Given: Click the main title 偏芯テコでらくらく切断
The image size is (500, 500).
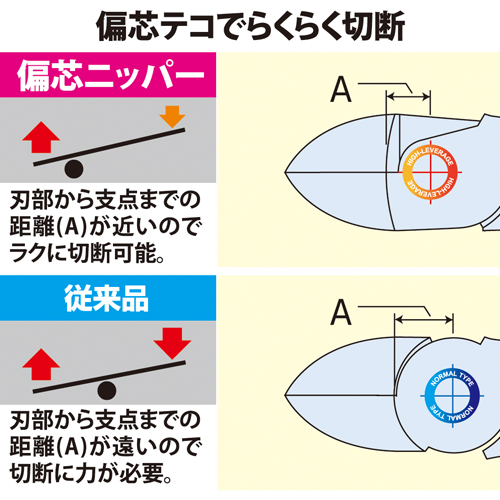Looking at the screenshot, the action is coord(250,26).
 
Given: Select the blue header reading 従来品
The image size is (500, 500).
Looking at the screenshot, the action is coord(108,298).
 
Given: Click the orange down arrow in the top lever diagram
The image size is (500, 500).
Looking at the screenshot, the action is coord(172,117).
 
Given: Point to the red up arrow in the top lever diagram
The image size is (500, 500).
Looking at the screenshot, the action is coord(41,137).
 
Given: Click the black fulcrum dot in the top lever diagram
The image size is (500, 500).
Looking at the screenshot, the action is coord(74,169).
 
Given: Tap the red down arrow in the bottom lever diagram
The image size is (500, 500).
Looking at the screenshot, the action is coord(172,343).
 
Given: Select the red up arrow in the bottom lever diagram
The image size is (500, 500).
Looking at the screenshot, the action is coord(41,364).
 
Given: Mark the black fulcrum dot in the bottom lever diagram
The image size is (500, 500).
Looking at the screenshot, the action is coord(107,390).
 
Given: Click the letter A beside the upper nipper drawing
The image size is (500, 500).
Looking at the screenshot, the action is coord(341,89).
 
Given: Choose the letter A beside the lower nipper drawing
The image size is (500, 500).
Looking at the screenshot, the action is coord(341,312).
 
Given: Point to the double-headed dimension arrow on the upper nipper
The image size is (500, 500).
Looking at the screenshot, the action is coord(408,97).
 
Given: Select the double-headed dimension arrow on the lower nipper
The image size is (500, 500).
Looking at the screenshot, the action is coord(424,320).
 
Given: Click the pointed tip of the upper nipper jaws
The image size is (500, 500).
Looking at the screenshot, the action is coord(285,172).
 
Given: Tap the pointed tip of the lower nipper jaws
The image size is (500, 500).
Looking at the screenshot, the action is coord(285,396).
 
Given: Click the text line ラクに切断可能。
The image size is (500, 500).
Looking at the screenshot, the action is coord(87,253).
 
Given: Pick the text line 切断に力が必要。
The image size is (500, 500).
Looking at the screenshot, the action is coord(91,473).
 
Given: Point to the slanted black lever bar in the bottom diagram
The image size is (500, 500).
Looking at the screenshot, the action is coord(109,377).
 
